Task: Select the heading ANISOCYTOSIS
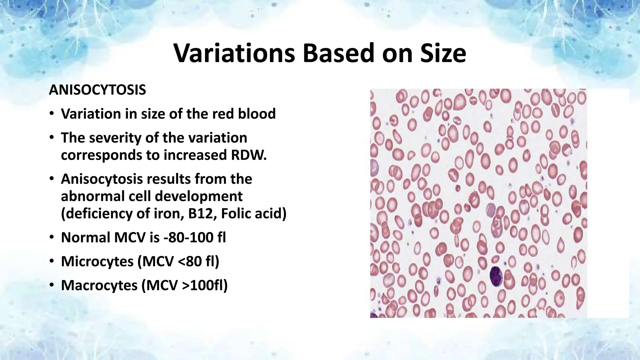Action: pyautogui.click(x=97, y=90)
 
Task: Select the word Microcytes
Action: pyautogui.click(x=97, y=262)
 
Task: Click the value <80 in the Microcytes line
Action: pyautogui.click(x=188, y=262)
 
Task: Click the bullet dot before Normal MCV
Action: pyautogui.click(x=52, y=238)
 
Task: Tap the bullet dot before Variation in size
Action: pyautogui.click(x=52, y=114)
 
